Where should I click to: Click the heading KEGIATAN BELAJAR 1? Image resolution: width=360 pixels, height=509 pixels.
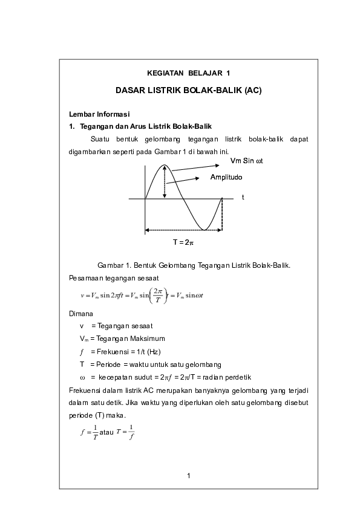pos(188,73)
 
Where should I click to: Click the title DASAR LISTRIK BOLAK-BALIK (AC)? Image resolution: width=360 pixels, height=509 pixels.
pos(188,90)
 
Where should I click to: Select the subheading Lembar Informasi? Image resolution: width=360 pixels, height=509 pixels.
pos(99,114)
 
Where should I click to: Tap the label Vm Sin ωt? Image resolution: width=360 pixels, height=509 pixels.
pos(247,161)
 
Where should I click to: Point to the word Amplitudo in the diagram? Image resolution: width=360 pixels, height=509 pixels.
pos(226,177)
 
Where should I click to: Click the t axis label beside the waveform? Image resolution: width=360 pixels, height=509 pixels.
pos(243,197)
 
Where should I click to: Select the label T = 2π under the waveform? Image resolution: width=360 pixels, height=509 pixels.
pos(183,242)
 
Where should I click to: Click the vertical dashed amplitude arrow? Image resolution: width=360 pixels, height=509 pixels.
pos(165,181)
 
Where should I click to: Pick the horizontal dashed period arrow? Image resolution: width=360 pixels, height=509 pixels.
pos(183,230)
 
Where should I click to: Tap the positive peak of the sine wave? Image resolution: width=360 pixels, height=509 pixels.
pos(165,165)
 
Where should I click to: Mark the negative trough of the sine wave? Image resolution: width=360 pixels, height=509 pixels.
pos(204,230)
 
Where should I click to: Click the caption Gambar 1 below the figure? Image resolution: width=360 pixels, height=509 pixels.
pos(194,265)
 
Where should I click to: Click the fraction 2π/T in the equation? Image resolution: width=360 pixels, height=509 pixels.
pos(158,296)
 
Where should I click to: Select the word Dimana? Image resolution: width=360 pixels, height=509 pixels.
pos(81,314)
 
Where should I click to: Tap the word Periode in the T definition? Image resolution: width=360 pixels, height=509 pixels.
pos(108,365)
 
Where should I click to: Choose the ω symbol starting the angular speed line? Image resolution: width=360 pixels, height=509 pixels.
pos(82,378)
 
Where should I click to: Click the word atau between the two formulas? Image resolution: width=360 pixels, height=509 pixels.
pos(106,432)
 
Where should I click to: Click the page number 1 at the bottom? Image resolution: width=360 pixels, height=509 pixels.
pos(189,476)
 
